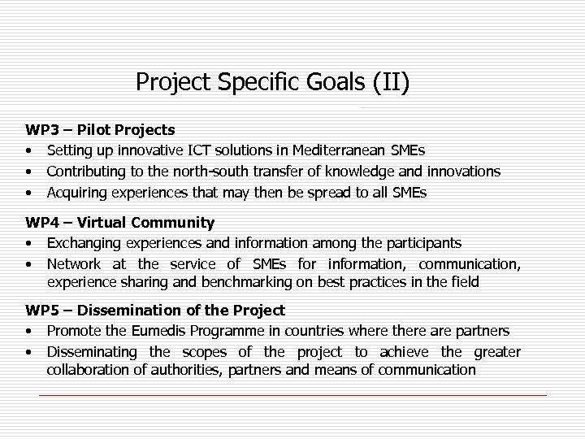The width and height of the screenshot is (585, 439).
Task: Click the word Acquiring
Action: (77, 193)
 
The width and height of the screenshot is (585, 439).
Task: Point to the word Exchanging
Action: (84, 243)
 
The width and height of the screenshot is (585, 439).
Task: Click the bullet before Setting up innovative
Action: (28, 150)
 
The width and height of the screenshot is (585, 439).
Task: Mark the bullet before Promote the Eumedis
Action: (28, 331)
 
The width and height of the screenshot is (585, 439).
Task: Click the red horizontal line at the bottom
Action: (292, 395)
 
